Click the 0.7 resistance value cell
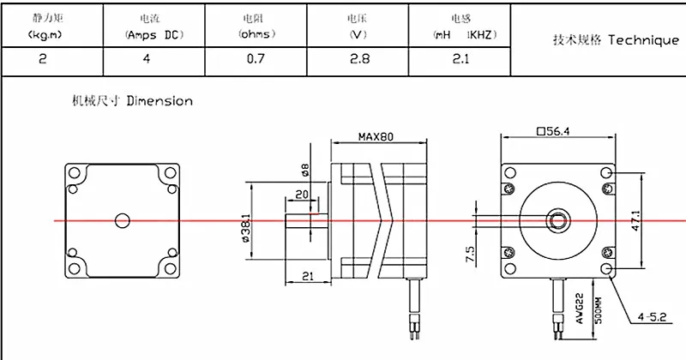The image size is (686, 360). (x=256, y=58)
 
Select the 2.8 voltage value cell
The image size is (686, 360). (x=359, y=58)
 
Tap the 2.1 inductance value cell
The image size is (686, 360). (x=460, y=58)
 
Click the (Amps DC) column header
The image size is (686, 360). (x=154, y=35)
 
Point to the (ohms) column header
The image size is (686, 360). (x=256, y=34)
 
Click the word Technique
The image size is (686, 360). (x=644, y=40)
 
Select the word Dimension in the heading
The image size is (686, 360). (x=159, y=101)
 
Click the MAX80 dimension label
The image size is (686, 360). (x=376, y=137)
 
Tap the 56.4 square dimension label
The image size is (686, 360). (x=553, y=131)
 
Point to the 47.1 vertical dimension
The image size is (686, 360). (x=636, y=221)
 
